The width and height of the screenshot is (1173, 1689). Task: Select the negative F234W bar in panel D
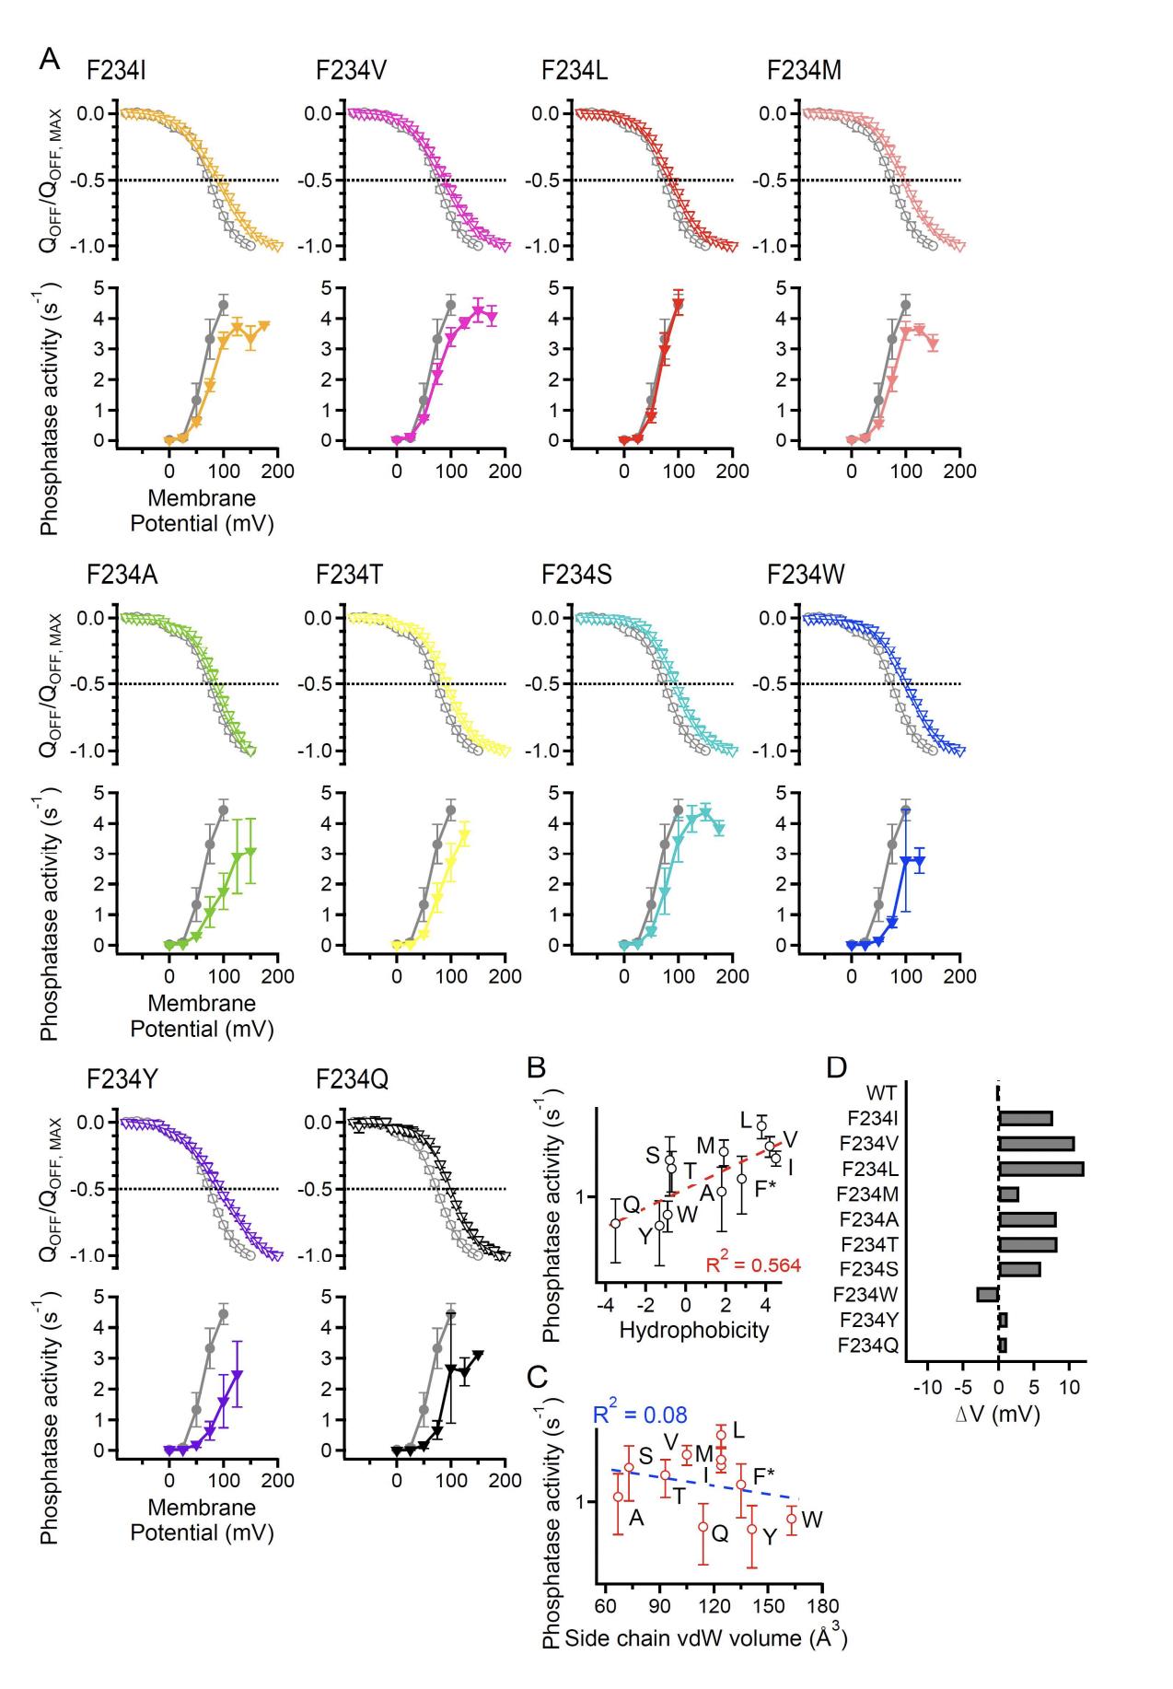[x=988, y=1294]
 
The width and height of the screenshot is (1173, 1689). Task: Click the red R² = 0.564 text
[x=753, y=1264]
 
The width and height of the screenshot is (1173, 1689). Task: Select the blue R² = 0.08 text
[x=640, y=1415]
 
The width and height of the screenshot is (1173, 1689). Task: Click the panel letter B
[x=539, y=1067]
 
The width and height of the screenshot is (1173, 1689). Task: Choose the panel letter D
[x=837, y=1067]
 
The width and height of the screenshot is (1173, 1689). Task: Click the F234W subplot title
[x=806, y=575]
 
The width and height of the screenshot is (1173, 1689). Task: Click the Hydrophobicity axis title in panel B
[x=693, y=1329]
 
